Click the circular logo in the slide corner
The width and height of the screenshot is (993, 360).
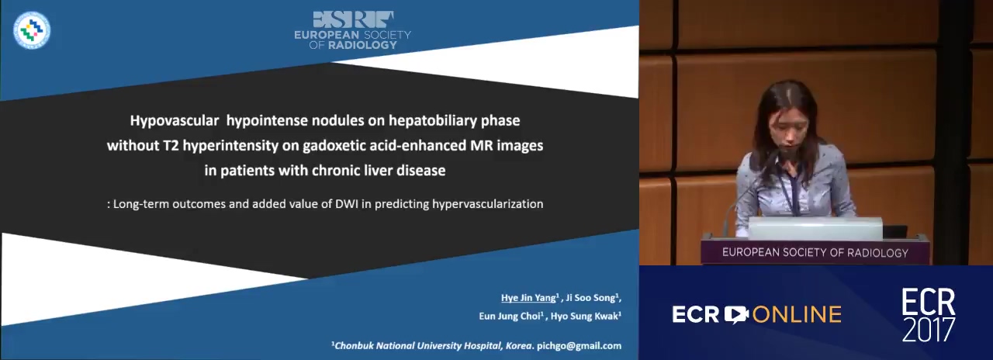[x=32, y=30]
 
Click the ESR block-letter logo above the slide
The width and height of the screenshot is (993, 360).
[x=353, y=19]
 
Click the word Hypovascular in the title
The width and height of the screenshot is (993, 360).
[x=175, y=121]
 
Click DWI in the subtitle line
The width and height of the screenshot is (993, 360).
[x=347, y=204]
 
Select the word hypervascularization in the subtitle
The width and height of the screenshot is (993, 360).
[x=488, y=204]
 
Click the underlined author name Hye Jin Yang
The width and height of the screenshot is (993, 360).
[x=528, y=298]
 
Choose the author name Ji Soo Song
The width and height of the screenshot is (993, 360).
[x=591, y=298]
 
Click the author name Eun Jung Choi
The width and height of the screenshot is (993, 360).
[x=510, y=316]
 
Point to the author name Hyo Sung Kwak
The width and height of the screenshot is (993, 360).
[x=584, y=316]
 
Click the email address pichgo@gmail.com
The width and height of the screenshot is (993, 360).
[x=579, y=346]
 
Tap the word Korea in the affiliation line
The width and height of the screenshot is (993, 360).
[x=518, y=346]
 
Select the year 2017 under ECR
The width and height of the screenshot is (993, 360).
[x=929, y=330]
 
